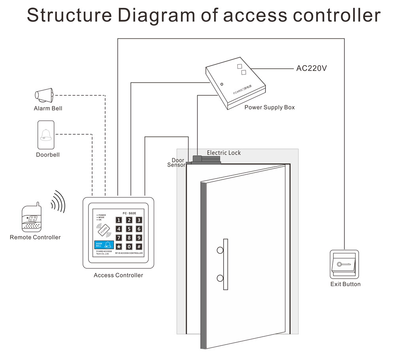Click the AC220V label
(311, 68)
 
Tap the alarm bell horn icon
(45, 95)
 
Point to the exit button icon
(344, 264)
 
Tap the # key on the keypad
(139, 247)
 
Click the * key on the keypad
(118, 247)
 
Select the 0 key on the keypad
(128, 247)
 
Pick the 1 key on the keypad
(118, 220)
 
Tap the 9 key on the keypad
(139, 238)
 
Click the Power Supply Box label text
(269, 107)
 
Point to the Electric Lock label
(224, 153)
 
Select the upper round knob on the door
(219, 250)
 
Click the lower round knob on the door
(219, 278)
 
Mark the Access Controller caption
(118, 275)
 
